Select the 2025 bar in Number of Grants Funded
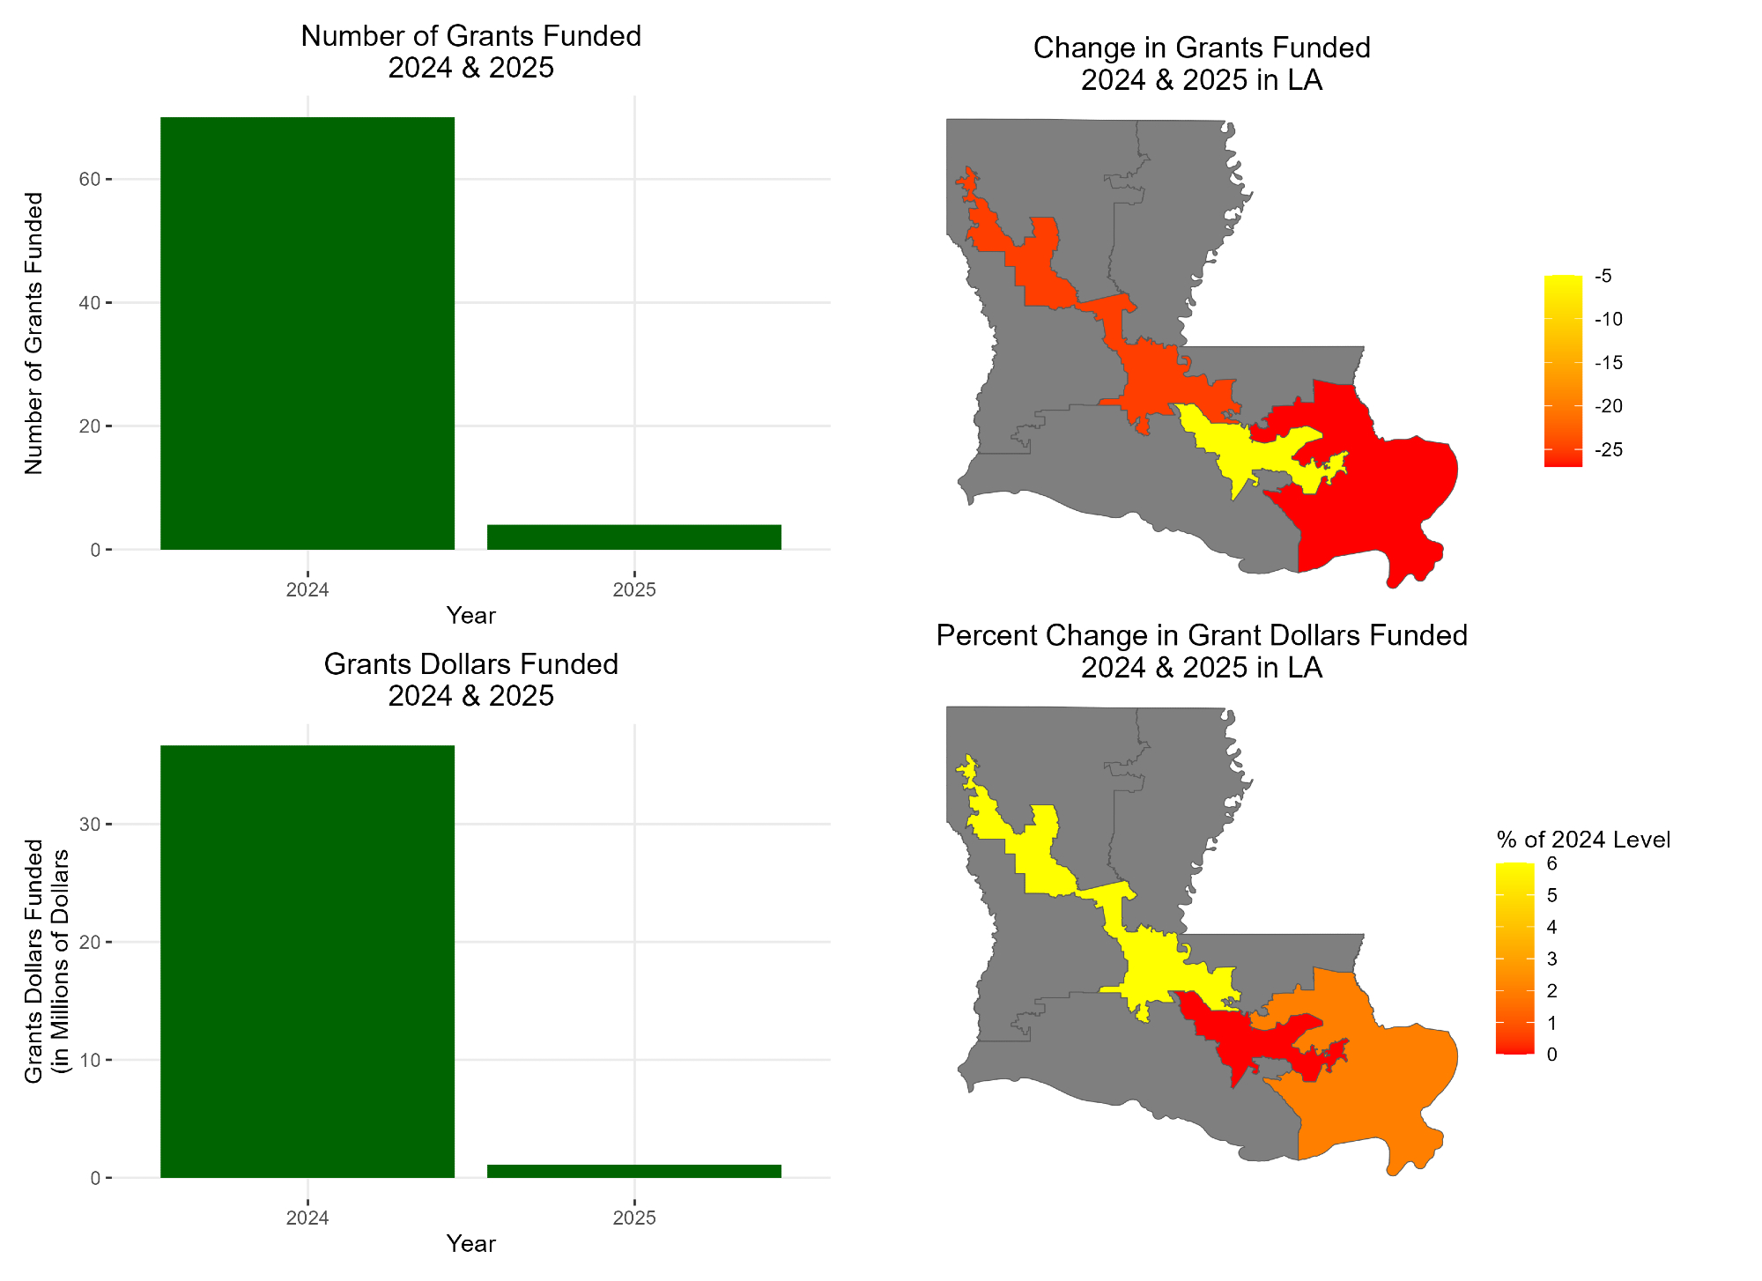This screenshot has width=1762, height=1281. pos(634,537)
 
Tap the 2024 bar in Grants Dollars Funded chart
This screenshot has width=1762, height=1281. pos(307,960)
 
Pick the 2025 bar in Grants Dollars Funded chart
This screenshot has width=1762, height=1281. pos(634,1171)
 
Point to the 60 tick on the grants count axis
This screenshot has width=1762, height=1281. pos(89,180)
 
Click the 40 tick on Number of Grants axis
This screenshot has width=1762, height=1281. pos(89,303)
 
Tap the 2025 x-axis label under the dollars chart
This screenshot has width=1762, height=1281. pos(634,1218)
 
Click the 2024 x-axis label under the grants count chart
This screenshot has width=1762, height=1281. pos(307,590)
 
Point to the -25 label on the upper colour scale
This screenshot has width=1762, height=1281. pos(1609,450)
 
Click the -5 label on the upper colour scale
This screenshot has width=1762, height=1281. pos(1603,277)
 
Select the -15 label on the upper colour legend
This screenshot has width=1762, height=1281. pos(1609,363)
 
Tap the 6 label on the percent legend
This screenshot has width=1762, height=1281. pos(1552,863)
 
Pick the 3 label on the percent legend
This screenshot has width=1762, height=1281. pos(1552,959)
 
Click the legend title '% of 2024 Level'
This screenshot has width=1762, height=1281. pos(1583,840)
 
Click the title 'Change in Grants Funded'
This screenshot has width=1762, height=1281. pos(1202,48)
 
